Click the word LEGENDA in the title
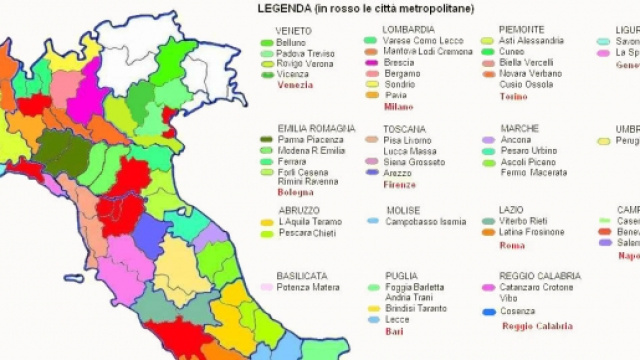[283, 9]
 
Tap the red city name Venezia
[295, 85]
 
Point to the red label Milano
[398, 106]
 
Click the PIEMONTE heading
[522, 30]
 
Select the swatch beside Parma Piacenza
[266, 140]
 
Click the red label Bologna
[295, 191]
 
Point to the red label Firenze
[399, 184]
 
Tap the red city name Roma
[511, 245]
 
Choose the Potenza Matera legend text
[308, 287]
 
